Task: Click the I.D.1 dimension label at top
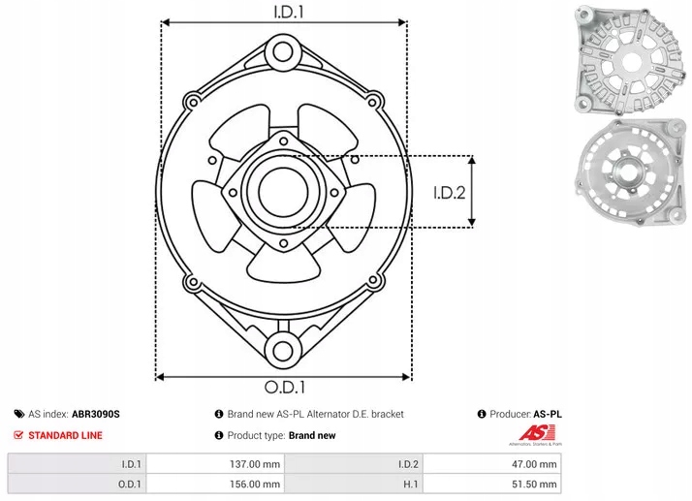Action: (x=282, y=13)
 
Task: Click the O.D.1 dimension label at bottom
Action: (x=282, y=387)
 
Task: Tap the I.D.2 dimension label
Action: (x=450, y=192)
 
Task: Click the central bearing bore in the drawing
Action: (x=281, y=191)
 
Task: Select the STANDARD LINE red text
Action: (x=64, y=435)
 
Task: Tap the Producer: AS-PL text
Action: (x=525, y=414)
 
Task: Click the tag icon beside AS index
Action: (x=19, y=414)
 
